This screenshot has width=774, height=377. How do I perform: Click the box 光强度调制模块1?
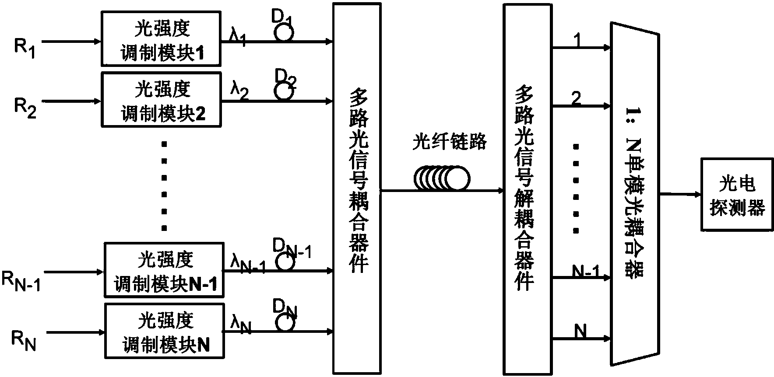click(161, 39)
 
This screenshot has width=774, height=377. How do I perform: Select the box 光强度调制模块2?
click(161, 100)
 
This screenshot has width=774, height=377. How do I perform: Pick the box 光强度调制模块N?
click(164, 331)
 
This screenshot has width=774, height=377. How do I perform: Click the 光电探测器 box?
click(736, 195)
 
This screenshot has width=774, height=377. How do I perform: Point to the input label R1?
click(24, 47)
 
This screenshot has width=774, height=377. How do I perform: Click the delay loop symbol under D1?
click(285, 33)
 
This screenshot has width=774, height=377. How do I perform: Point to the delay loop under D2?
click(284, 92)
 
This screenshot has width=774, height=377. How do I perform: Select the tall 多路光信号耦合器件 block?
click(356, 188)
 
